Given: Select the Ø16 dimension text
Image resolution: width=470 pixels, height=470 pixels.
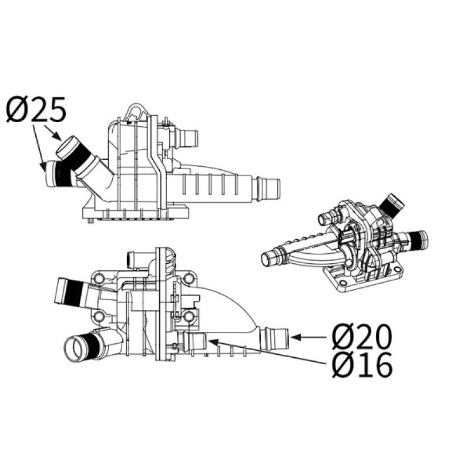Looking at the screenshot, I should tap(361, 366).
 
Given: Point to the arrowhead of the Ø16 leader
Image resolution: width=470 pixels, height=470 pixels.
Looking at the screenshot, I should tap(207, 340).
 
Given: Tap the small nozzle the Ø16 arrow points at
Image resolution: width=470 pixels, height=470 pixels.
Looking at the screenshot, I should tap(194, 340).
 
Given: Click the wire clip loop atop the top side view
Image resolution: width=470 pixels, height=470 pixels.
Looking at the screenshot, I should tap(136, 111).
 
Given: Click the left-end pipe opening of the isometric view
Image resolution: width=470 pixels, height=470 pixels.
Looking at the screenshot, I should tap(268, 256).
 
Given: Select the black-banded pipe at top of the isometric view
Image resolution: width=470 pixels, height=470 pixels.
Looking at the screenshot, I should tap(392, 204).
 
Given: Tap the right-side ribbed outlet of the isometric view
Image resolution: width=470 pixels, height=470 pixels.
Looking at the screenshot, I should tap(418, 239).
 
